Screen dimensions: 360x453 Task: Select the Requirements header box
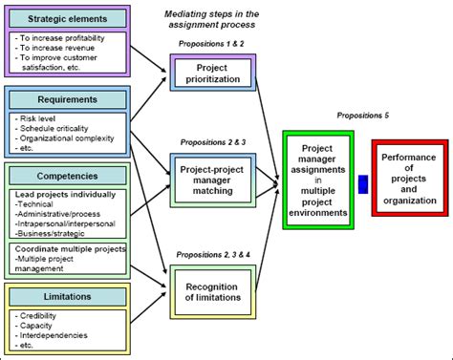click(x=65, y=98)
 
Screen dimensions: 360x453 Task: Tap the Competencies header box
click(x=67, y=175)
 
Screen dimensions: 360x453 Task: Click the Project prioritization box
click(x=212, y=74)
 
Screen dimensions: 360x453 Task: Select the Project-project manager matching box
click(x=213, y=178)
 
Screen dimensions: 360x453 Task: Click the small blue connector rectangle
click(x=363, y=183)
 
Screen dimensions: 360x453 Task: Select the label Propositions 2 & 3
click(x=211, y=142)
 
